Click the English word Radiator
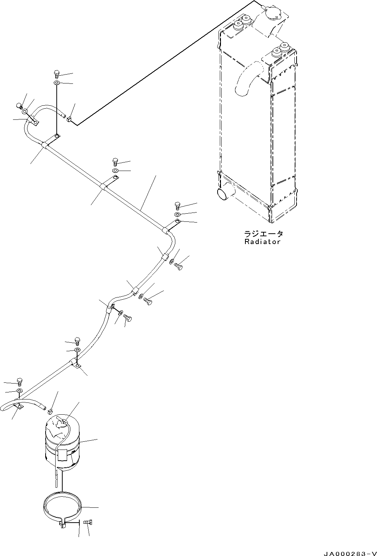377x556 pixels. coord(262,242)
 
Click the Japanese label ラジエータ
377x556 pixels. coord(264,234)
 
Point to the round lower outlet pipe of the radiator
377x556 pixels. coord(223,193)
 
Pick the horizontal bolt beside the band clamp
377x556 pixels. coord(88,522)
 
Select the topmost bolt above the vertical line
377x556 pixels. coord(57,73)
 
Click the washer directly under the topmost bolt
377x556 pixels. coord(57,82)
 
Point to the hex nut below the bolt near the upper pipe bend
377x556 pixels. coord(177,214)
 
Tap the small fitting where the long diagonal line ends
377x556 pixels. coord(69,119)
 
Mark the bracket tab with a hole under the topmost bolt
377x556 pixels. coord(56,138)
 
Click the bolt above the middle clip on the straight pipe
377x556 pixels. coord(115,162)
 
